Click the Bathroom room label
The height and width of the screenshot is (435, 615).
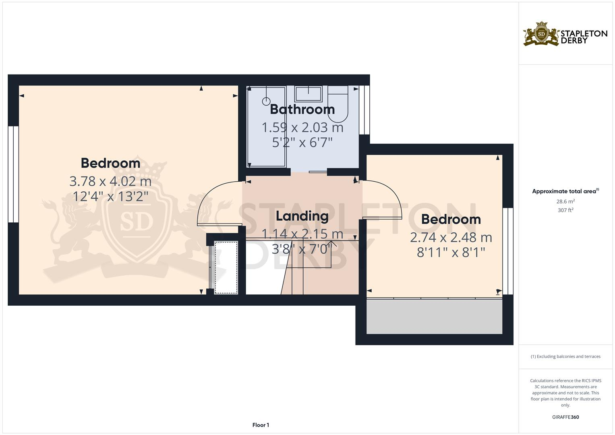(302, 109)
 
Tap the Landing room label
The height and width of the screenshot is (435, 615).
(302, 216)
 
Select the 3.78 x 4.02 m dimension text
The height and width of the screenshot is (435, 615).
(110, 181)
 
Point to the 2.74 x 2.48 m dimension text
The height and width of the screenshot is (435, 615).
(451, 237)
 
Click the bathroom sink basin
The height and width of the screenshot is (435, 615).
(309, 94)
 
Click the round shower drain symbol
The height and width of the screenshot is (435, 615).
(266, 101)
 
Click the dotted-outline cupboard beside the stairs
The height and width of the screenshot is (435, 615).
(226, 267)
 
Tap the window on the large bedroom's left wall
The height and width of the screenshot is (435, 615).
(13, 174)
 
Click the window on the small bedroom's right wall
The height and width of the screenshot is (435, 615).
(508, 251)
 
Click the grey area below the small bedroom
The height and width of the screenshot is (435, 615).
(434, 317)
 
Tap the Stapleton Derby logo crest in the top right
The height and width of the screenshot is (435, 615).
(541, 34)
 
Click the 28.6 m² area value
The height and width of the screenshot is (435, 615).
(565, 201)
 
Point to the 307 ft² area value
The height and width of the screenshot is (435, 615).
(565, 210)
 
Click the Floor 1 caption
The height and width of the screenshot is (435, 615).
(261, 425)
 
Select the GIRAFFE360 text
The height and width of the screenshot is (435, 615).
(565, 417)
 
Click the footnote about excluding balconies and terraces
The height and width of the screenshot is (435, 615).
(565, 356)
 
